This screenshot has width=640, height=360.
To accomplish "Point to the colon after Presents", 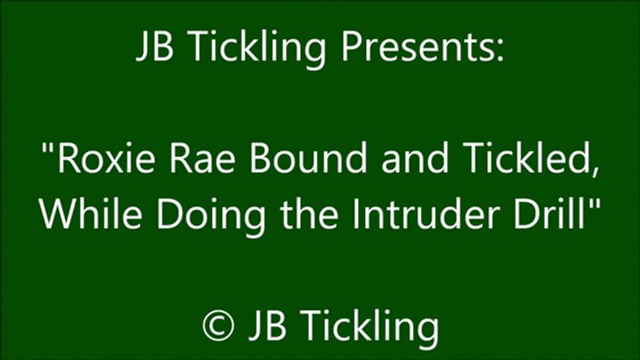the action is point(500,51).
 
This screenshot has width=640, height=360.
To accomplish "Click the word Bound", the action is point(308,158).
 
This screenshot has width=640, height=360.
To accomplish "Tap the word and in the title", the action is point(415,158).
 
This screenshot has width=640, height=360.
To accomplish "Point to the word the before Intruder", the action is point(309,213).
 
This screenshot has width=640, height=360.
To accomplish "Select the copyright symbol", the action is point(219,325).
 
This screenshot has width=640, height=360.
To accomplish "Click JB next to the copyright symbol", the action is point(267,324).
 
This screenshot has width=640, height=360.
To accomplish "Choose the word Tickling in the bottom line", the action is point(368,326).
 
